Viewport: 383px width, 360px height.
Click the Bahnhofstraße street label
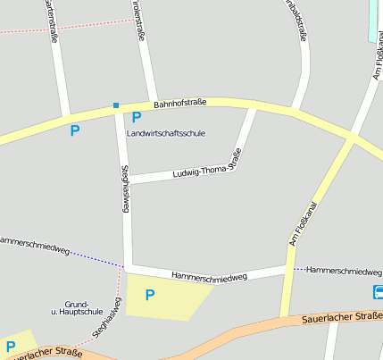click(179, 104)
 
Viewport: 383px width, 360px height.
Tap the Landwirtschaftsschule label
click(166, 133)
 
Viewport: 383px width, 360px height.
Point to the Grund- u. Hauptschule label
click(77, 308)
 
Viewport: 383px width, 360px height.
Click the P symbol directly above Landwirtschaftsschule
click(137, 117)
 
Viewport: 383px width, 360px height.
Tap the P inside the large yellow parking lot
click(150, 295)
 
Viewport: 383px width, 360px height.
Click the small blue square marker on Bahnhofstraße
click(116, 106)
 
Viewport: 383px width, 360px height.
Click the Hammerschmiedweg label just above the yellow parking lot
click(209, 277)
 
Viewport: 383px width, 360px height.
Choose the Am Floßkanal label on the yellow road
click(304, 222)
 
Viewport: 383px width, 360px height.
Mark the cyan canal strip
click(373, 20)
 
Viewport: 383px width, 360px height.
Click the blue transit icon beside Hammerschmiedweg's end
click(379, 292)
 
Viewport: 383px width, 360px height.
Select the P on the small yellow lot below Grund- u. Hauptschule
click(10, 347)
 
